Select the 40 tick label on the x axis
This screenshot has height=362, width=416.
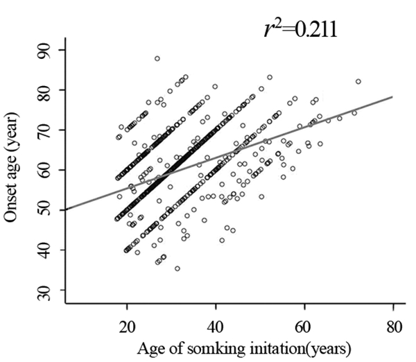click(216, 326)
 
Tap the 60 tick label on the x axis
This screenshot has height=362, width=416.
click(304, 326)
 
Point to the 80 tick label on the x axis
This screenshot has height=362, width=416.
click(392, 326)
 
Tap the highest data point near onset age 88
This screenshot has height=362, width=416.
click(157, 59)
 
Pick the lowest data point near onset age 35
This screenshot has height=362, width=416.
click(177, 268)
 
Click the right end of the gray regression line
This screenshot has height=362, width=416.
click(392, 96)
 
